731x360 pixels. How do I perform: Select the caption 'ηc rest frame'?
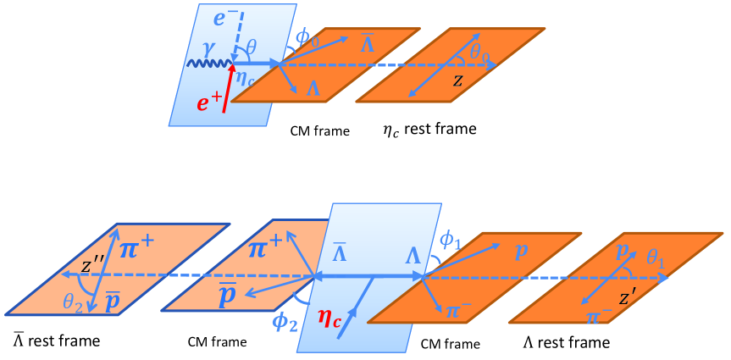coord(429,130)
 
